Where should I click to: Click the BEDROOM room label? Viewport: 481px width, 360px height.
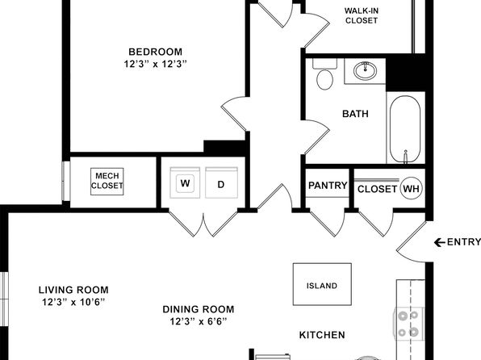coord(155,52)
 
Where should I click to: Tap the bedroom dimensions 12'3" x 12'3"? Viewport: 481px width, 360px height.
coord(155,64)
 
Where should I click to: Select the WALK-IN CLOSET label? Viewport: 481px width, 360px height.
coord(362,15)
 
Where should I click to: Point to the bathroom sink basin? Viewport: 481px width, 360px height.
coord(365,70)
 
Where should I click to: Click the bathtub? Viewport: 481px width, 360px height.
coord(405,129)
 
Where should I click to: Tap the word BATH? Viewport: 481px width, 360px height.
coord(355,114)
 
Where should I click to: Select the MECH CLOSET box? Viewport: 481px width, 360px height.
coord(107,181)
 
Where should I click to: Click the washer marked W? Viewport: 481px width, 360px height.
coord(185,182)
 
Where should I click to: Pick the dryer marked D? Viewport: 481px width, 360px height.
coord(221,182)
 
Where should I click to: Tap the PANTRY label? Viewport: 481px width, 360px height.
coord(328,186)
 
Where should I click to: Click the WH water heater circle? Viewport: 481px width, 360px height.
coord(412,188)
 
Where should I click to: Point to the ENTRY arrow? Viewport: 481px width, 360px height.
coord(440,242)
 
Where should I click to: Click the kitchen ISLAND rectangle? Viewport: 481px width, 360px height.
coord(322,284)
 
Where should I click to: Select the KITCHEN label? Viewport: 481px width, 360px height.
coord(322,335)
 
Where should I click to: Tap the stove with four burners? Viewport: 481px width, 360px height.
coord(408,324)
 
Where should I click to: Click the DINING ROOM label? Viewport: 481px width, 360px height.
coord(199,309)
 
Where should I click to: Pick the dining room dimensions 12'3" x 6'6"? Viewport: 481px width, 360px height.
coord(199,321)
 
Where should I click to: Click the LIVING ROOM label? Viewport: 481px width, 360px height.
coord(73,290)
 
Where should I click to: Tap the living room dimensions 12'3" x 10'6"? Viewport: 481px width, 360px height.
coord(73,303)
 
